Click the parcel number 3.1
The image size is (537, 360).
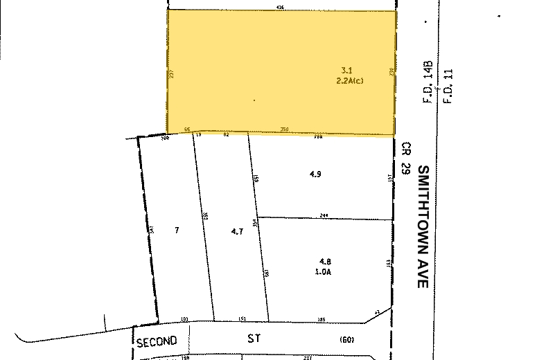(x=347, y=70)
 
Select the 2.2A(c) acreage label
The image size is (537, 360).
(x=349, y=80)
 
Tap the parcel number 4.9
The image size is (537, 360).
(x=315, y=174)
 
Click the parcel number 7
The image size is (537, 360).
(x=177, y=230)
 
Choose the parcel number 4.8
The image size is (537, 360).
(x=325, y=261)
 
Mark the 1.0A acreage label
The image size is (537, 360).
(x=326, y=271)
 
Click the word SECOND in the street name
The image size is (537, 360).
(x=157, y=341)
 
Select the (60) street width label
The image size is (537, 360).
(x=346, y=340)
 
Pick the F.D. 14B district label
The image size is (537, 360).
(x=429, y=84)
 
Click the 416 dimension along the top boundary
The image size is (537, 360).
(x=280, y=7)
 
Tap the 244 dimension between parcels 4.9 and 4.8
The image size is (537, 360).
(x=324, y=216)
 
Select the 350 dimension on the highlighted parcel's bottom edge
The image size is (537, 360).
(x=284, y=129)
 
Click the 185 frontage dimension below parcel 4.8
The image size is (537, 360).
(x=321, y=318)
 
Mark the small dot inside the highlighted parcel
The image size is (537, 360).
(x=254, y=100)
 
